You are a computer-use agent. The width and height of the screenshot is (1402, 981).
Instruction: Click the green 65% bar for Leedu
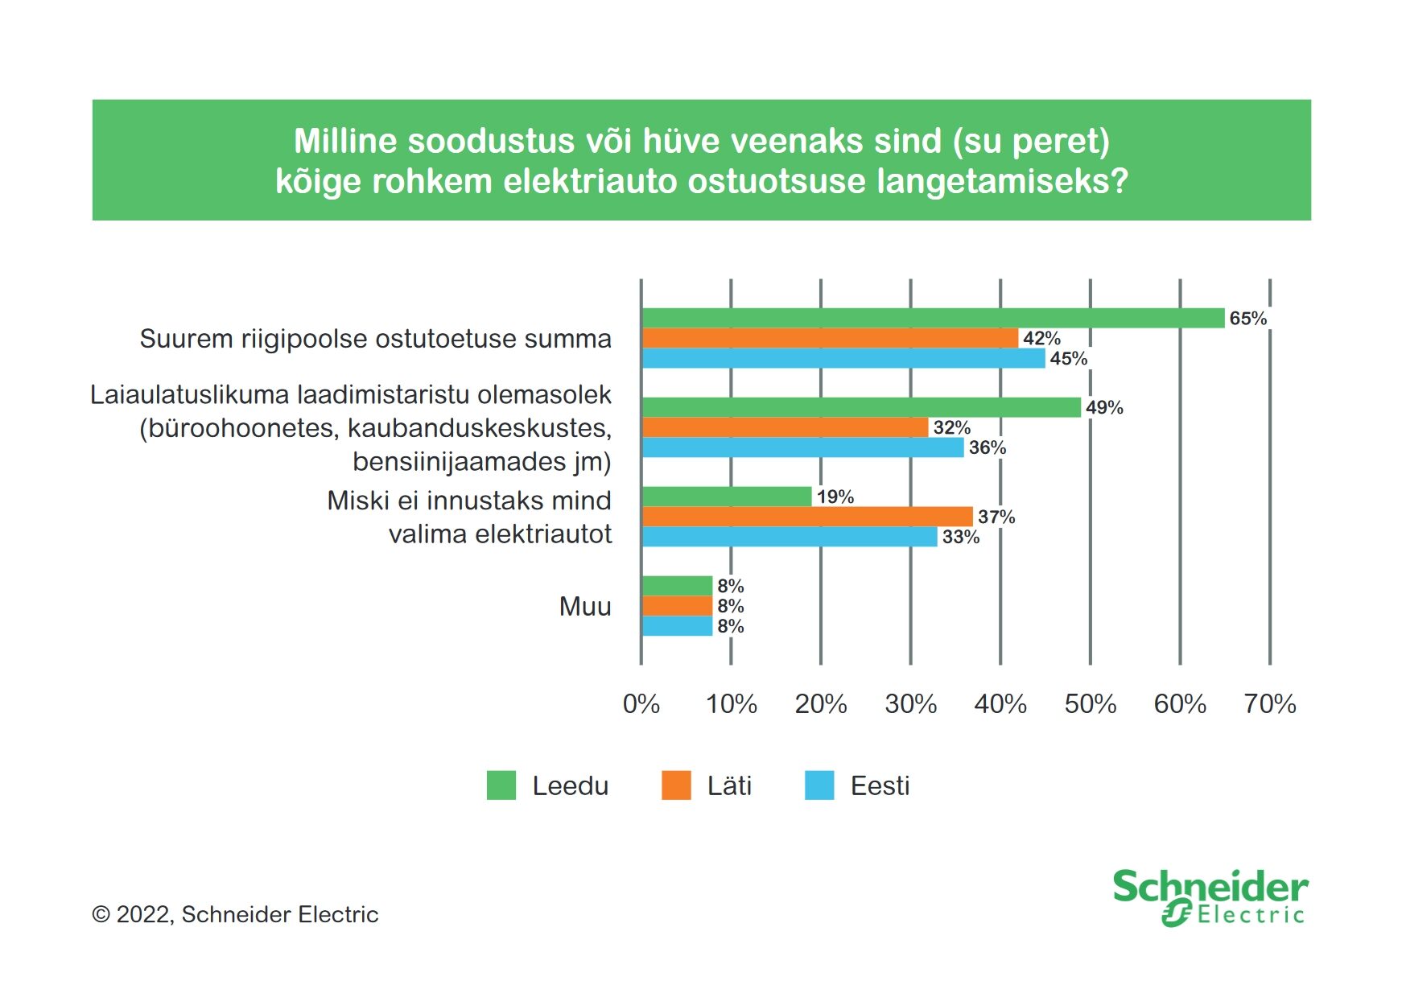pos(933,318)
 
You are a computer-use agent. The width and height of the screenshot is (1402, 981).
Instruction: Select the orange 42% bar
pos(830,338)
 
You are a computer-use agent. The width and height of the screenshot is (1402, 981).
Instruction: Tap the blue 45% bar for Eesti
pos(843,358)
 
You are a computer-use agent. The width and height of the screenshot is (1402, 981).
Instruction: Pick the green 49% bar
pos(861,407)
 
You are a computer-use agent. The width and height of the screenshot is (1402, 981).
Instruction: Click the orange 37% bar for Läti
pos(807,517)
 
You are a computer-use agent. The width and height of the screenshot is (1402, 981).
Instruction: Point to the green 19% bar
pos(727,497)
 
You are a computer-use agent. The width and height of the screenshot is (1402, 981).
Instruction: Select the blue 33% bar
pos(790,537)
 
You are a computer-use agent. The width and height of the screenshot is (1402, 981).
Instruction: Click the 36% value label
pos(988,447)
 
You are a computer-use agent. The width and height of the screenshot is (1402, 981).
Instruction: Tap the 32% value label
pos(952,427)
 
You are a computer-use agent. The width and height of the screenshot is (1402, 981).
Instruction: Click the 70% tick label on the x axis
pos(1270,704)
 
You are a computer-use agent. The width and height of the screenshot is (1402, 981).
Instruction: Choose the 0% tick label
pos(641,704)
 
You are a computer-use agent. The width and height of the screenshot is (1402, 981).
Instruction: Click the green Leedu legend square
pos(501,785)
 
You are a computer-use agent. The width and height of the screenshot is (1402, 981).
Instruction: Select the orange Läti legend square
pos(676,785)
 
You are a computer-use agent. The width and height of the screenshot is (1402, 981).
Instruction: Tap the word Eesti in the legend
pos(880,785)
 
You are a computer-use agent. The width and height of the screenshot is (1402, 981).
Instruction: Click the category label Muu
pos(585,606)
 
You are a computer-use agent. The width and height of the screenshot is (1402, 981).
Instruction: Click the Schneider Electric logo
pos(1210,897)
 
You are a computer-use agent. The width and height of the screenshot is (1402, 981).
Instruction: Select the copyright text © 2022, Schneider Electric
pos(235,914)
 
